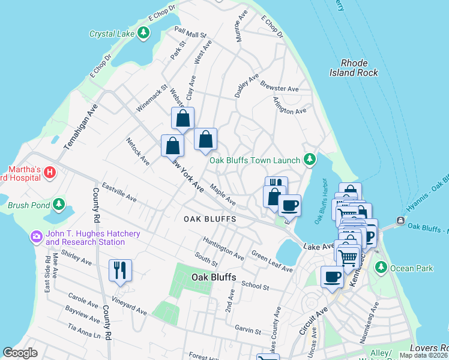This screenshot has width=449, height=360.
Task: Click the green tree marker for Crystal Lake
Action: tap(143, 34)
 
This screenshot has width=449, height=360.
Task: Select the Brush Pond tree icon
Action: tap(59, 205)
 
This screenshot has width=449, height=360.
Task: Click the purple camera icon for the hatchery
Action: tap(37, 237)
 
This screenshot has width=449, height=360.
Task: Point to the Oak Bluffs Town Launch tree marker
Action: tap(310, 159)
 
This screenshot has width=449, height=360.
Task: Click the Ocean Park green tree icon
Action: tap(380, 266)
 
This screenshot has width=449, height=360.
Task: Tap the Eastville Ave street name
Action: tap(119, 192)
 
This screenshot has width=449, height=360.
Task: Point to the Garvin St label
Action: tap(248, 331)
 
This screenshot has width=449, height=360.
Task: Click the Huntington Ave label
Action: tap(223, 248)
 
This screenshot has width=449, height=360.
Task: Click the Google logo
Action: tap(20, 353)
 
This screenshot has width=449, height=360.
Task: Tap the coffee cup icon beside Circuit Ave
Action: tap(332, 277)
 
